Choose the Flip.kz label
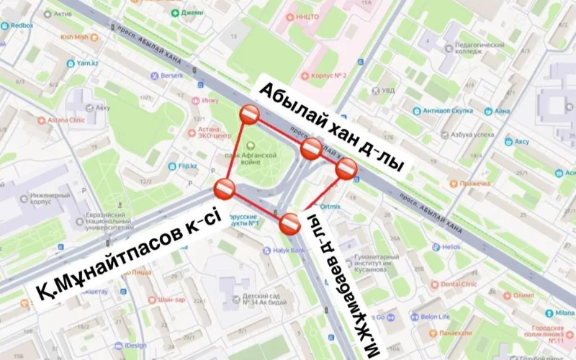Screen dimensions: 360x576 pyautogui.click(x=187, y=166)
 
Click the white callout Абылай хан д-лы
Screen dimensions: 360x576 pyautogui.click(x=331, y=126)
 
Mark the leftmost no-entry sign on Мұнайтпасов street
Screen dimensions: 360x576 pyautogui.click(x=224, y=190)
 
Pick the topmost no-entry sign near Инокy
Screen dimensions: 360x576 pyautogui.click(x=250, y=114)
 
